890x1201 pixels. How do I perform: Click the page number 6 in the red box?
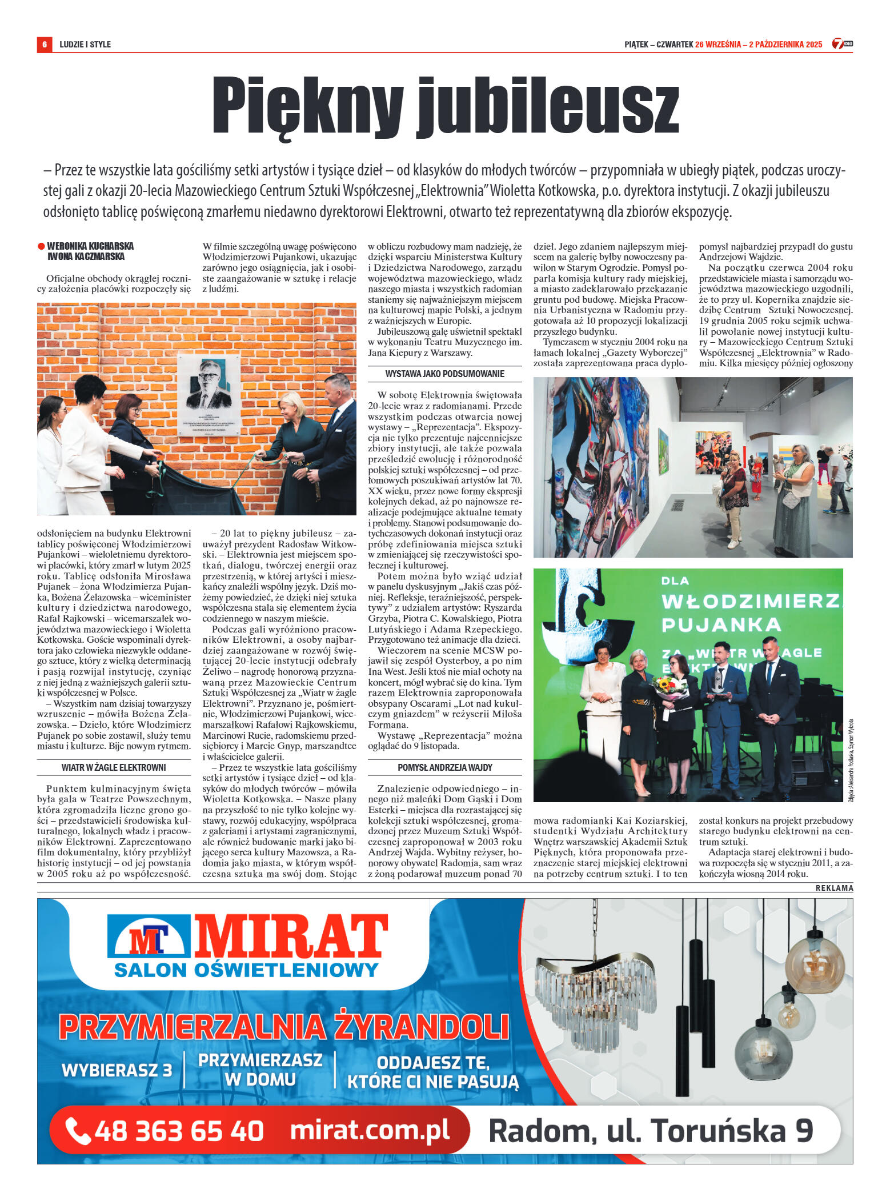[x=44, y=44]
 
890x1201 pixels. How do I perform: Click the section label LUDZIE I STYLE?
[x=85, y=45]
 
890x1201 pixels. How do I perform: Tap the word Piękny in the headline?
[x=307, y=107]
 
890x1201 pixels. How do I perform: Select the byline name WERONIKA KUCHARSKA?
[x=90, y=246]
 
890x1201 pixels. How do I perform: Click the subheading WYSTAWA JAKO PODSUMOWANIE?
[x=444, y=374]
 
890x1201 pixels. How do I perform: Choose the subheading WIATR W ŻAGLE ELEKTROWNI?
[x=114, y=767]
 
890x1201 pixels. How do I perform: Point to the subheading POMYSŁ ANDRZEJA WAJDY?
[x=444, y=767]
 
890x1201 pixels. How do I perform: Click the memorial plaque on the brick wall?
[x=209, y=395]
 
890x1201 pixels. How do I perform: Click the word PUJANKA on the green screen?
[x=720, y=624]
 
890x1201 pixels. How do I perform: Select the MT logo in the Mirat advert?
[x=149, y=939]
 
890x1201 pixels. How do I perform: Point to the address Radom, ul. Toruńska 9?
[x=651, y=1130]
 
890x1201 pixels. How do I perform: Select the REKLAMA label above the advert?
[x=834, y=888]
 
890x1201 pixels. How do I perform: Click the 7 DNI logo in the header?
[x=841, y=44]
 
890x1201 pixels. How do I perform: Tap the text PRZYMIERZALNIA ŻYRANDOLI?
[x=284, y=1027]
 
